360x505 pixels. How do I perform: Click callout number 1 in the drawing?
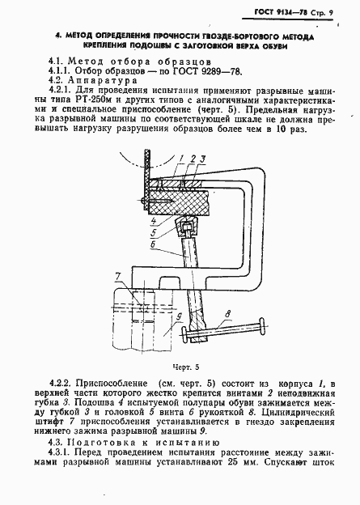tap(184, 158)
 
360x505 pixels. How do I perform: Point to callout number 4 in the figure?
tap(152, 218)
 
